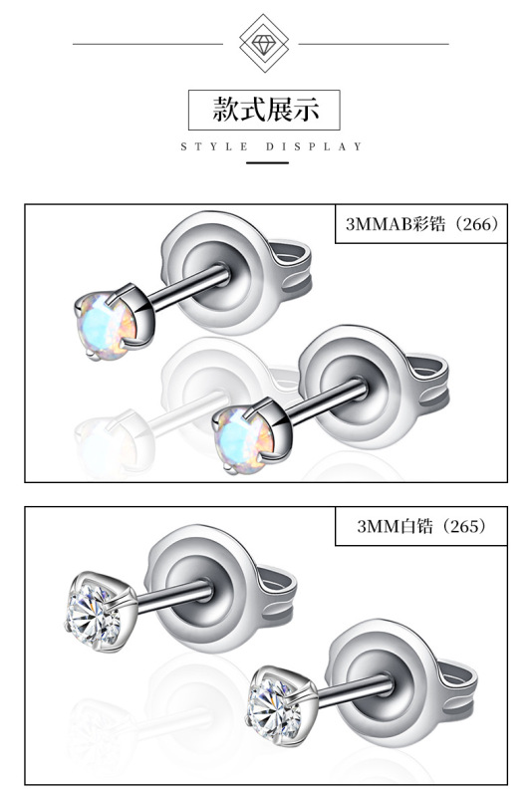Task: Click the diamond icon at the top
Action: tap(264, 43)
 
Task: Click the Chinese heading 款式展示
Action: tap(265, 109)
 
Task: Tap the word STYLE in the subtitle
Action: tap(214, 146)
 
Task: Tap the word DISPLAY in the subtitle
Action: tap(314, 146)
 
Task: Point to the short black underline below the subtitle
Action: tap(267, 162)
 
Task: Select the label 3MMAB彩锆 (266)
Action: tap(421, 223)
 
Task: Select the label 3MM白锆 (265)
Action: tap(421, 526)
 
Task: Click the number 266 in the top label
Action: tap(476, 223)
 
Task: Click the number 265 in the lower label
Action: tap(464, 526)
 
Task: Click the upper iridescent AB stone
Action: tap(106, 326)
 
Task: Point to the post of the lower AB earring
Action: tap(327, 401)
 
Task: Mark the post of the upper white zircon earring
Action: tap(174, 596)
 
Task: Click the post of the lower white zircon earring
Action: tap(356, 686)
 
